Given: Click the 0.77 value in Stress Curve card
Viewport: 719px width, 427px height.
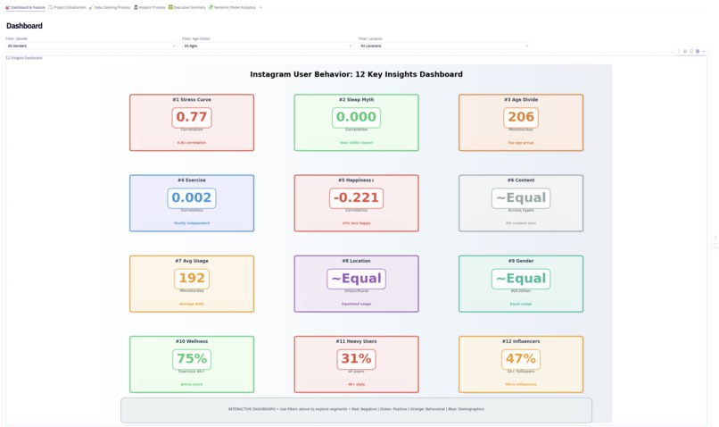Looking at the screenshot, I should (192, 117).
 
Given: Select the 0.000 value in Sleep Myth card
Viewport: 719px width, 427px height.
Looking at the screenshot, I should (356, 117).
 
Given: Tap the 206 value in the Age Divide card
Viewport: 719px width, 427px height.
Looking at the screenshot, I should (521, 117).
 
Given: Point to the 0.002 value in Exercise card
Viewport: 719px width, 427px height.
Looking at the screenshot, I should (192, 198).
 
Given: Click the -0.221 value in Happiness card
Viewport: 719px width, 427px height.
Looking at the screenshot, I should (356, 198).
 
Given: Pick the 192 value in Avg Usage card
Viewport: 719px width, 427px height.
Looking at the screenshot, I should (192, 279).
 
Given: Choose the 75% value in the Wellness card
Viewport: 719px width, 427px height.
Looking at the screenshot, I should (192, 359).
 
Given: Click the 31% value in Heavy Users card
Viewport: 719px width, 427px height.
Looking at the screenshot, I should (356, 359).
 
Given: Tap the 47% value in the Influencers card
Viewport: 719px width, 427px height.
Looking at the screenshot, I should (521, 359).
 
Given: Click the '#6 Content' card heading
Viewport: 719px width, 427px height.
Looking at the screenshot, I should (521, 180).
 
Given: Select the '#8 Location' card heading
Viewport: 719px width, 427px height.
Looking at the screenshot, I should (356, 261).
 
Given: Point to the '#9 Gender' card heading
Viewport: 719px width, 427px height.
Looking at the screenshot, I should (521, 261).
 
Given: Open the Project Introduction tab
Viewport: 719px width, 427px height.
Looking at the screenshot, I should (69, 7).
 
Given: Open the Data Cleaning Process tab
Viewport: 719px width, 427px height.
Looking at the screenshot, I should (111, 7).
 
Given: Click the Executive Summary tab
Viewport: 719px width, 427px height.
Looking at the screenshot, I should (187, 7).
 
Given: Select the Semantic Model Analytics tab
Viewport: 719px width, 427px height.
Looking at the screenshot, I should (233, 7).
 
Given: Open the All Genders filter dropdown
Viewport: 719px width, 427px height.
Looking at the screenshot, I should (91, 46).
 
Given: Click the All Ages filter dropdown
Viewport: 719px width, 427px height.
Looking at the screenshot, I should (268, 46).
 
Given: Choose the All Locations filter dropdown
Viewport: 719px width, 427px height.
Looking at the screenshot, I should (444, 46).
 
